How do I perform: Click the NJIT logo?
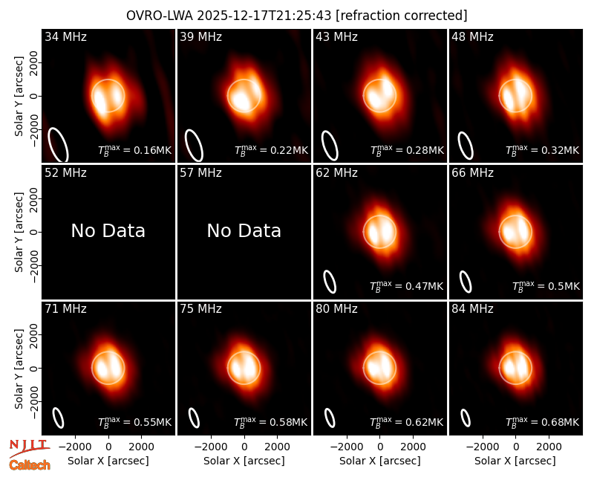[29, 448]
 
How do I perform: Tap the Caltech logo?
[30, 465]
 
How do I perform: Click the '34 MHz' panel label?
[65, 36]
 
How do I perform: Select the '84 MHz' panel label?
[472, 309]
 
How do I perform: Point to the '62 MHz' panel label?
[337, 173]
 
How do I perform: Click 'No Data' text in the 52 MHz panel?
[108, 230]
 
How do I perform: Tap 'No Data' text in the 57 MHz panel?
[244, 230]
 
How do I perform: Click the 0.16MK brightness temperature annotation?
[135, 150]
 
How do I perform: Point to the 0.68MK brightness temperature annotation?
[543, 421]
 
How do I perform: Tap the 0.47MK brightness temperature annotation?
[406, 286]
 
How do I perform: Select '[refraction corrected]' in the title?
[402, 16]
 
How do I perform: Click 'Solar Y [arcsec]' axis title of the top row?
[19, 97]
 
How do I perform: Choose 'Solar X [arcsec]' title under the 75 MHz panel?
[244, 461]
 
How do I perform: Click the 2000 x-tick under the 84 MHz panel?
[549, 447]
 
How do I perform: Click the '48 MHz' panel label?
[472, 36]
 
